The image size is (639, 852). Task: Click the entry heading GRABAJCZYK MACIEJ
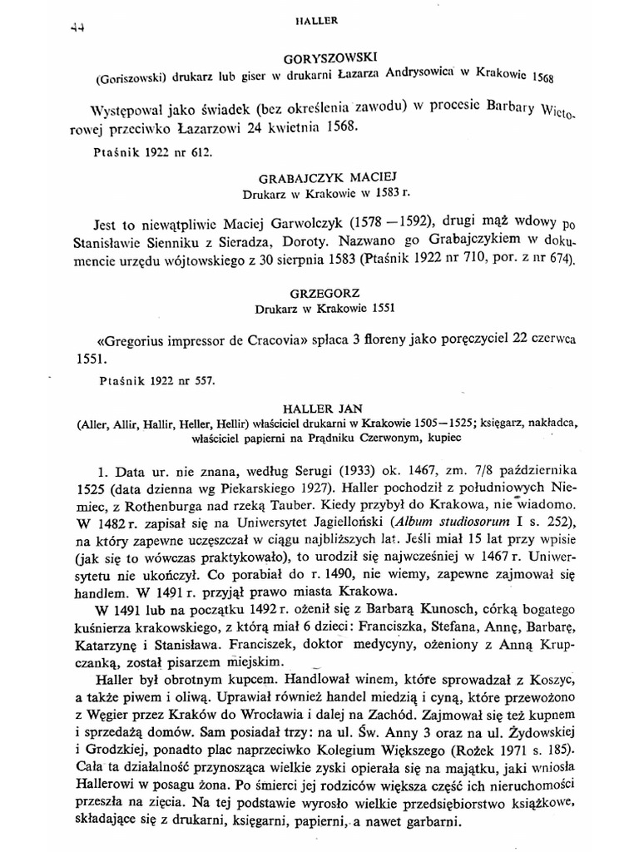click(319, 177)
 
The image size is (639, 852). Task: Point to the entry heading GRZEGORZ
click(319, 294)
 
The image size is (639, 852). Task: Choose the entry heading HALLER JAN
click(319, 409)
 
